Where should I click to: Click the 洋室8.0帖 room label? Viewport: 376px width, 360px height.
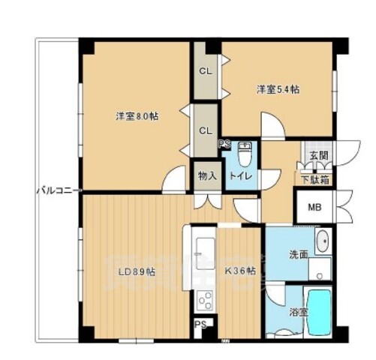click(x=137, y=116)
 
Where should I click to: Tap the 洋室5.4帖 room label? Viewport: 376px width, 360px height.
click(x=278, y=89)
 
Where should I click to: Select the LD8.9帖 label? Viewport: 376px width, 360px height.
click(x=137, y=272)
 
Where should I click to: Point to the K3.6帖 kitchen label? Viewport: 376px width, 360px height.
click(x=240, y=271)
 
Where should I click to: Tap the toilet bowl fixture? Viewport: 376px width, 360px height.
click(x=245, y=154)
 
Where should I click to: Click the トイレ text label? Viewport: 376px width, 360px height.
click(x=241, y=176)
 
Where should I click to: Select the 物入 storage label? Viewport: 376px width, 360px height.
click(x=207, y=176)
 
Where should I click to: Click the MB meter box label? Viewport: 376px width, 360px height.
click(x=314, y=207)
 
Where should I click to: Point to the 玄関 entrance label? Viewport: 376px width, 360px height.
click(x=319, y=156)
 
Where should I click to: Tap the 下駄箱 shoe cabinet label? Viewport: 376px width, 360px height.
click(x=315, y=180)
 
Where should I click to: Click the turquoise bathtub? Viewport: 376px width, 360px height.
click(x=319, y=313)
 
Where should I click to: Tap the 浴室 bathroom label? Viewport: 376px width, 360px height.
click(x=299, y=312)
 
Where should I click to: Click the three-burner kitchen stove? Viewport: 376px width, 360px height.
click(x=205, y=301)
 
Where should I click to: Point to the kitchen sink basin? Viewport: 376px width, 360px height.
click(x=206, y=253)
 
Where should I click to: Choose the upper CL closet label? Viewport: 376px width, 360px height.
click(x=206, y=71)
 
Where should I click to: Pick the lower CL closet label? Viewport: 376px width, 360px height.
click(x=206, y=130)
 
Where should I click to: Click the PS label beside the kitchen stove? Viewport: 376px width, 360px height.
click(x=201, y=325)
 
